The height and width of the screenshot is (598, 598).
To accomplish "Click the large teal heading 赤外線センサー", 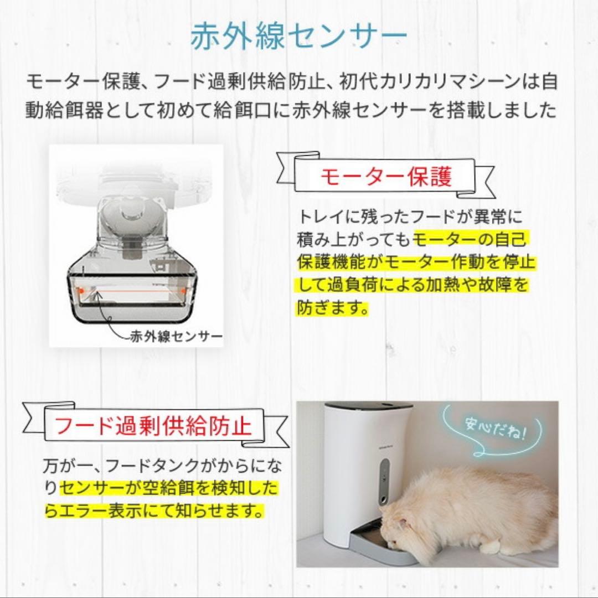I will (x=298, y=37).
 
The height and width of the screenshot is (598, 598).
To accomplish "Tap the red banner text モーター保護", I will (x=386, y=177).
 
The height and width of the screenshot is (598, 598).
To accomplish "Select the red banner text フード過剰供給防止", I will (x=153, y=425).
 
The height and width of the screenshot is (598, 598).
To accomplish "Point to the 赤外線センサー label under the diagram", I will (x=176, y=336).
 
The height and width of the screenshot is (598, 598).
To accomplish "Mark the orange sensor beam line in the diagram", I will (x=133, y=290).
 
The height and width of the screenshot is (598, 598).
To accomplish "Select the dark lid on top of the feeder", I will (x=368, y=406).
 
